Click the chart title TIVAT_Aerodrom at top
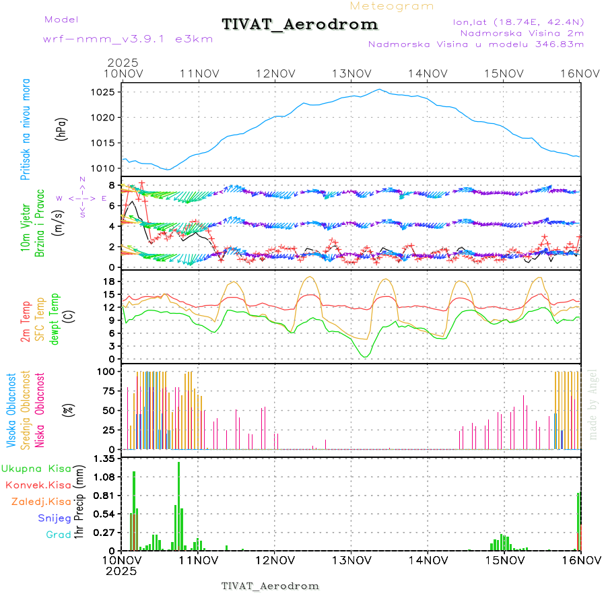pyautogui.click(x=300, y=24)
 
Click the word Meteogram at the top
pyautogui.click(x=392, y=6)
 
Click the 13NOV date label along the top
pyautogui.click(x=352, y=73)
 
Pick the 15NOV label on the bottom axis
pyautogui.click(x=504, y=560)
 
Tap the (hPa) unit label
pyautogui.click(x=61, y=128)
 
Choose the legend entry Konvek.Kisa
pyautogui.click(x=38, y=485)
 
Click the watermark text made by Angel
pyautogui.click(x=593, y=404)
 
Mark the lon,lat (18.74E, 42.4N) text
pyautogui.click(x=518, y=22)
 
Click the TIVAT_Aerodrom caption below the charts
pyautogui.click(x=270, y=586)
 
